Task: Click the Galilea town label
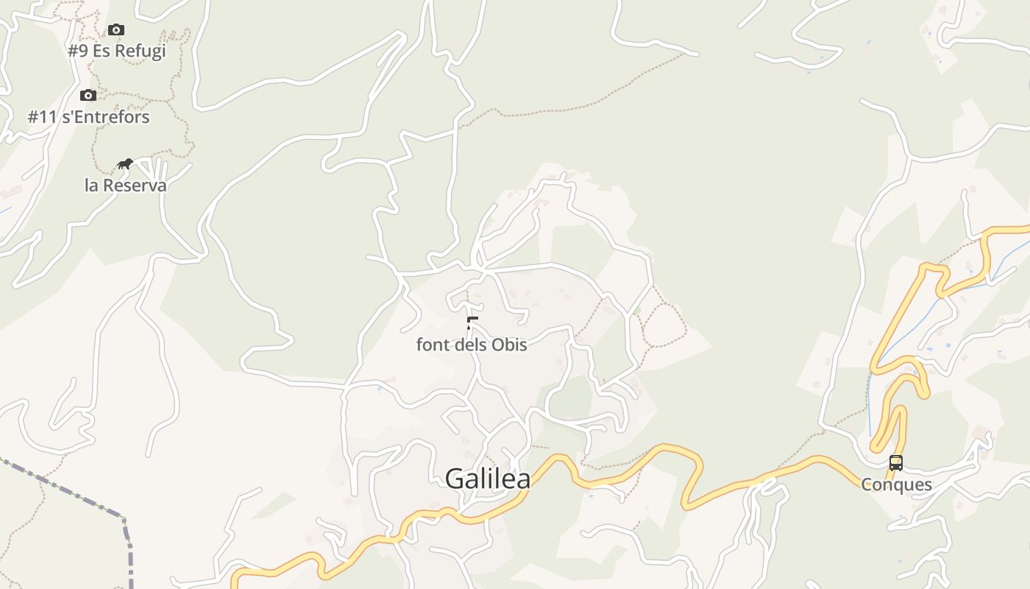pos(487,479)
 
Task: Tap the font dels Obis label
pos(472,345)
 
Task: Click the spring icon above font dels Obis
pos(472,322)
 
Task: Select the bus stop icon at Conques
pos(895,463)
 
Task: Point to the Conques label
pos(896,484)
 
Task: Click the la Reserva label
pos(126,185)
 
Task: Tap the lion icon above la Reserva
pos(125,163)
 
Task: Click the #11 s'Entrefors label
pos(88,117)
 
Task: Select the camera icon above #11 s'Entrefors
pos(88,95)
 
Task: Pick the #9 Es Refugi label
pos(117,52)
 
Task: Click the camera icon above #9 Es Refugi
pos(116,30)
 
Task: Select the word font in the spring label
pos(433,345)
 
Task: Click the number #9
pos(78,52)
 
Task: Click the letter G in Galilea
pos(455,479)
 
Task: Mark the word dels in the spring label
pos(471,345)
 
